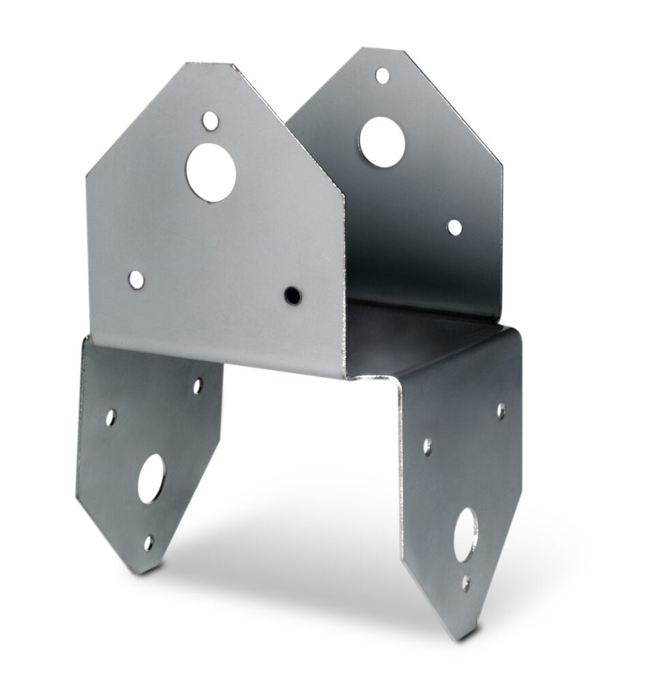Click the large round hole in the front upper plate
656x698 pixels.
point(211,172)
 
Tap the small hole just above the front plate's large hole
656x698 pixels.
point(211,121)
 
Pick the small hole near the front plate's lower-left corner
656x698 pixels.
point(136,279)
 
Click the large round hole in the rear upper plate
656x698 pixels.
point(382,142)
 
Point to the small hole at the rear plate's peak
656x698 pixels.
point(383,75)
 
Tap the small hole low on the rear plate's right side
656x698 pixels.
point(454,227)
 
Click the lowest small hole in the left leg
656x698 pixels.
point(148,543)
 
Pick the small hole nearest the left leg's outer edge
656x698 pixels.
point(111,417)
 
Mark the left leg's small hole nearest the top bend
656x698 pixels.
point(198,386)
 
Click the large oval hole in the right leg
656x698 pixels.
point(466,535)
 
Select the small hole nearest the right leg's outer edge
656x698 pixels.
point(501,410)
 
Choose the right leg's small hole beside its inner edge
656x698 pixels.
point(428,446)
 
